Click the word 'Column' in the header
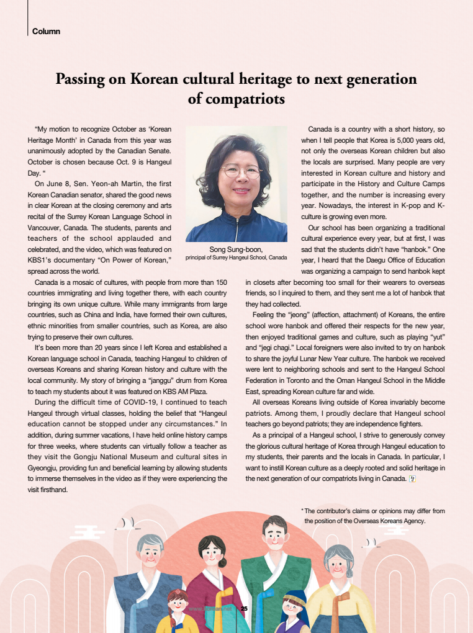pos(46,31)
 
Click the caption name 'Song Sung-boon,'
pos(236,249)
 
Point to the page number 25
pos(244,608)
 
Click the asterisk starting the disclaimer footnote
pos(302,511)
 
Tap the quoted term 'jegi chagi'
pos(264,357)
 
